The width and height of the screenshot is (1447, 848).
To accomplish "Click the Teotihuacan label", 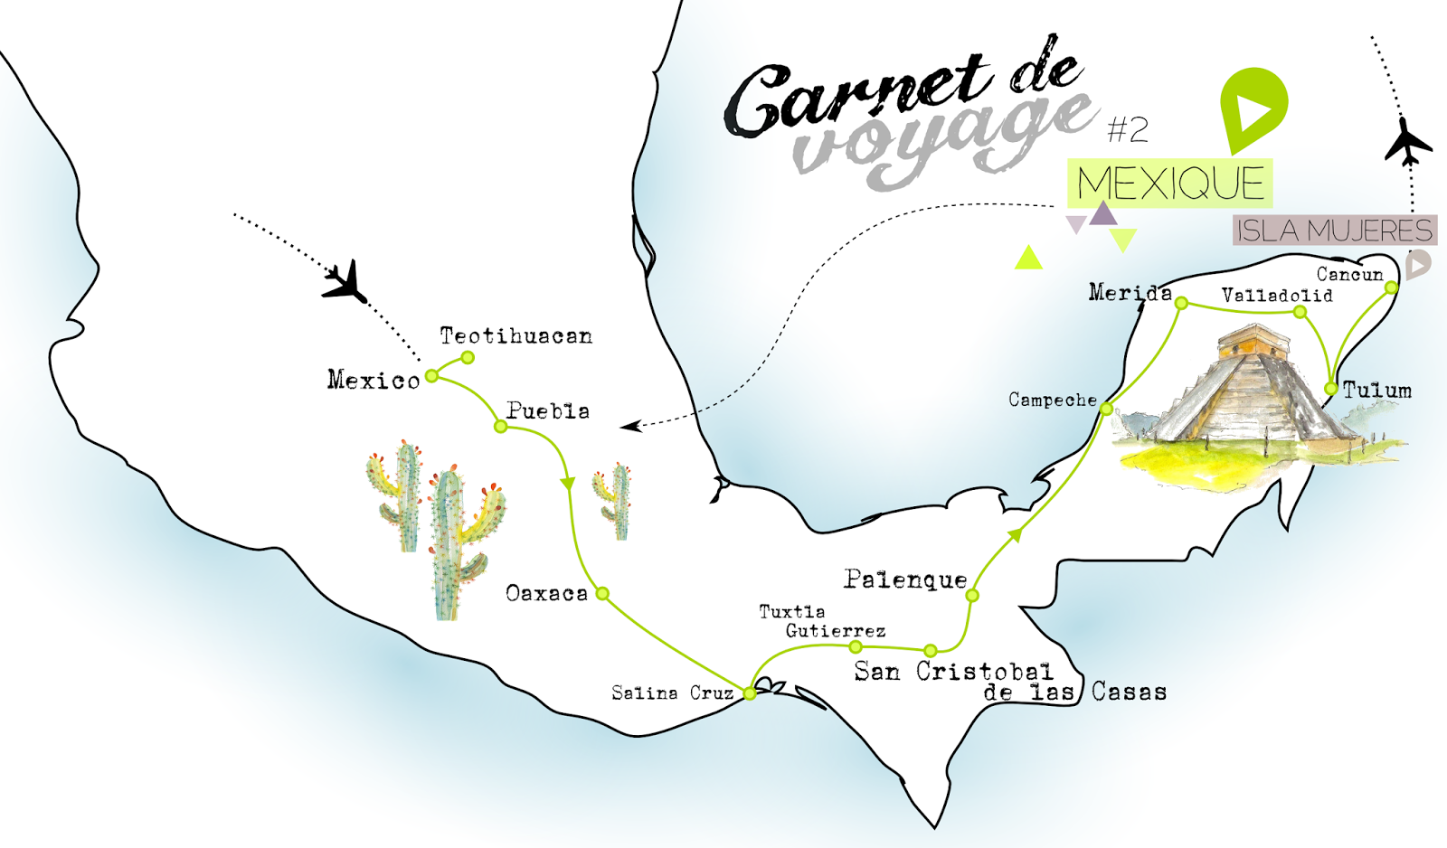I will tap(515, 336).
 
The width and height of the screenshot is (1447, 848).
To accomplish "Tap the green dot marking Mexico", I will tap(432, 375).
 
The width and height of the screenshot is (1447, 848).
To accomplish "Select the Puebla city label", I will tap(548, 411).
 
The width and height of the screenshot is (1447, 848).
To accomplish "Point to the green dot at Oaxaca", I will tap(602, 594).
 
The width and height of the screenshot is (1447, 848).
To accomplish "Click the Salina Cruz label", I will tap(672, 693).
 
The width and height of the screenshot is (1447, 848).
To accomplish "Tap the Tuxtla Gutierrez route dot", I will tap(856, 646).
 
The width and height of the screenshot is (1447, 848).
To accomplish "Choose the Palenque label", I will tap(905, 579).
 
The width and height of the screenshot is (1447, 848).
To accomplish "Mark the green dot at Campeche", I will tap(1106, 409).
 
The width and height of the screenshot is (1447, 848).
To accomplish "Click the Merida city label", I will tap(1130, 292).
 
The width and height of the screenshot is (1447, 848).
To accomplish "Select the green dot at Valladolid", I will tap(1300, 312).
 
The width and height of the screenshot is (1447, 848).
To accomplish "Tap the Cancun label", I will tap(1349, 274).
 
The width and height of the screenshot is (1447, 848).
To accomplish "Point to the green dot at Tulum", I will tap(1330, 389).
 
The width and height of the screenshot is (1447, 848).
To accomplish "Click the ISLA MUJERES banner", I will tap(1334, 231).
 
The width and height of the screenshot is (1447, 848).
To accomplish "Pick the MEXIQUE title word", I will tap(1170, 184).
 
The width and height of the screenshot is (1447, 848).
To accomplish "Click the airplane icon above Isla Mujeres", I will tap(1407, 141).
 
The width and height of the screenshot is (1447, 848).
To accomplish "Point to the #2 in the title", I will tap(1128, 130).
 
